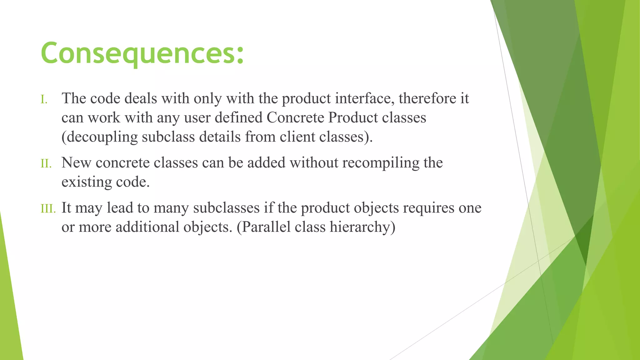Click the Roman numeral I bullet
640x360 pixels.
point(44,100)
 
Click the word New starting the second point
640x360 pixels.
point(76,163)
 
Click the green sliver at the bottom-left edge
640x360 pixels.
point(9,312)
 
